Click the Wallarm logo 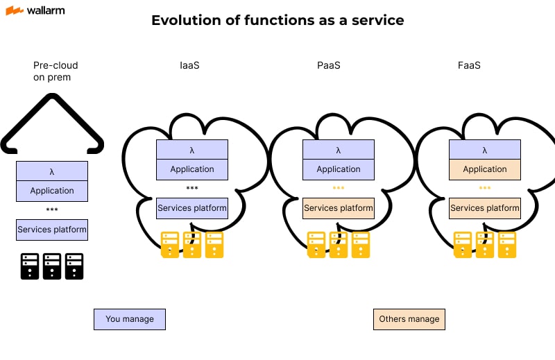[x=37, y=11]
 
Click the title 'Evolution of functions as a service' [x=277, y=20]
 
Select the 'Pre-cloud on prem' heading [x=55, y=71]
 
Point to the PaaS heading [x=328, y=65]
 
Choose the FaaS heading [x=469, y=65]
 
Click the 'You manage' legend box [x=130, y=319]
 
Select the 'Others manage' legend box [x=409, y=319]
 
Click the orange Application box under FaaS [x=485, y=169]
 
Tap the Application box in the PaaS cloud [x=339, y=169]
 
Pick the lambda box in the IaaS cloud [x=192, y=150]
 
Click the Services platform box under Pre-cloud [x=52, y=230]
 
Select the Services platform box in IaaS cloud [x=192, y=208]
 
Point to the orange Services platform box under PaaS [x=339, y=208]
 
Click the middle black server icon [x=52, y=266]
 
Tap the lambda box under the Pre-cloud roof [x=52, y=171]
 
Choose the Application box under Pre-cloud [x=52, y=191]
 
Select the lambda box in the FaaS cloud [x=485, y=150]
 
